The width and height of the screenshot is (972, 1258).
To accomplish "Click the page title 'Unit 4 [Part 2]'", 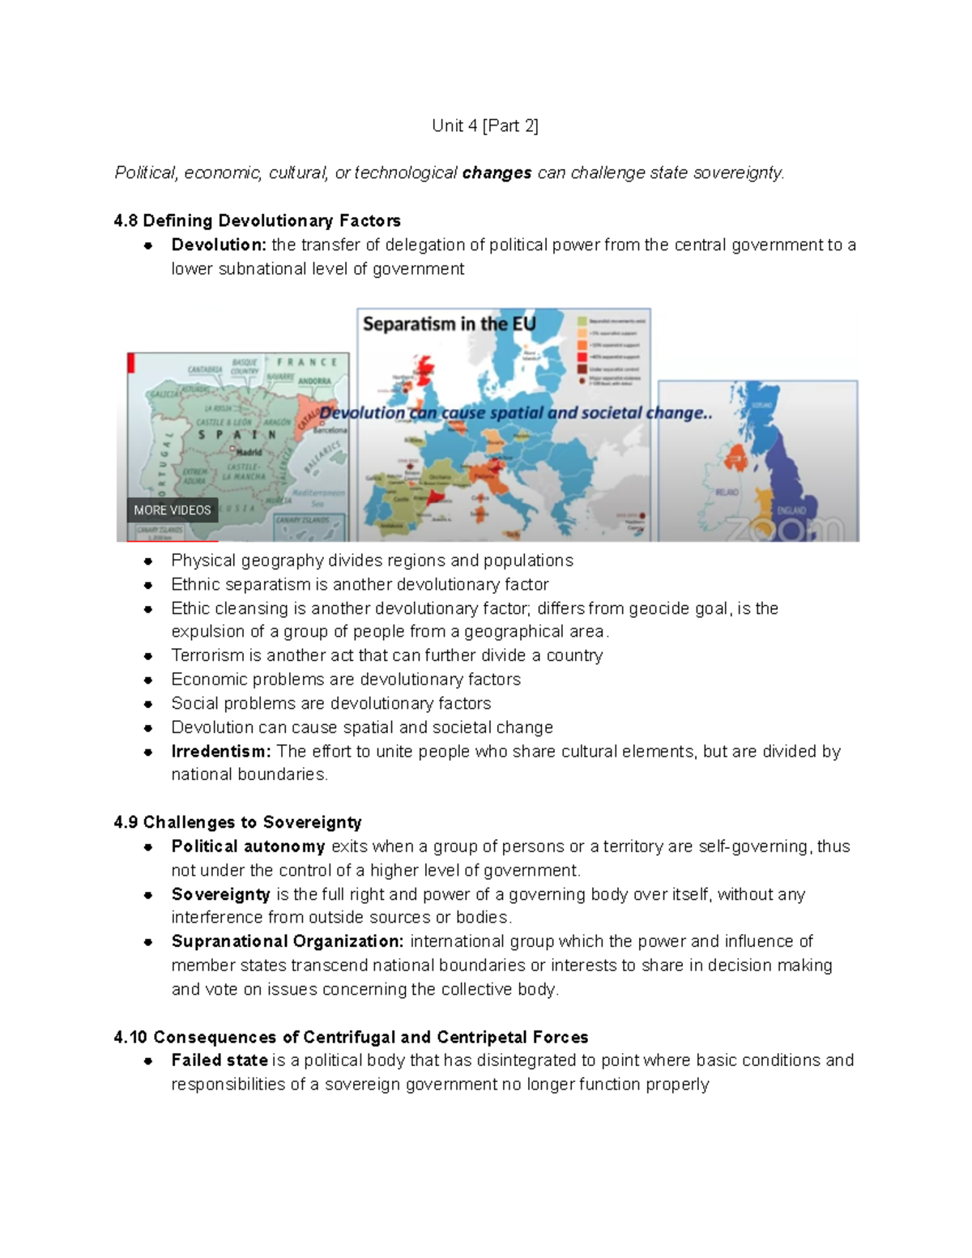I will (484, 126).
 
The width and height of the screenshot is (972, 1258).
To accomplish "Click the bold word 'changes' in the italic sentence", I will (497, 173).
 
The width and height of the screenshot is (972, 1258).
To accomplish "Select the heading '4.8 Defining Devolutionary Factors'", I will (257, 220).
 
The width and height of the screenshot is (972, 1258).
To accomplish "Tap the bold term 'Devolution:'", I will (219, 245).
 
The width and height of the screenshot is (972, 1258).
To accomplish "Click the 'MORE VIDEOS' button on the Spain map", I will (173, 510).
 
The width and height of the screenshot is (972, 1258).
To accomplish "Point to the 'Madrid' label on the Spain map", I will (248, 452).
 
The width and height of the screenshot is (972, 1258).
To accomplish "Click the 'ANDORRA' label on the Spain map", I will (314, 381).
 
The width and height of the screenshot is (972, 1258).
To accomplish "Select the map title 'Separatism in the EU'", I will (449, 324).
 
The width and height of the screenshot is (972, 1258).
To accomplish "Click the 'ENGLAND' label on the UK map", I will (791, 510).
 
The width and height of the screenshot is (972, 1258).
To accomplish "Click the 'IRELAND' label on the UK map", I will (727, 493).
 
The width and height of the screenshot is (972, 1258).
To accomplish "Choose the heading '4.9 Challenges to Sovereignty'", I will (237, 822).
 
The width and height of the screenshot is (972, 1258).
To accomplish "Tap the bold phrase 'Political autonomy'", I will (248, 846).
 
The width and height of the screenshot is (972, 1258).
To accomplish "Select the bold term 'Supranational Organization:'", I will (288, 941).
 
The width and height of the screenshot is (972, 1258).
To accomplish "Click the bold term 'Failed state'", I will (220, 1060).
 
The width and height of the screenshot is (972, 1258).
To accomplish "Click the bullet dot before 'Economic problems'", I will (148, 680).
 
